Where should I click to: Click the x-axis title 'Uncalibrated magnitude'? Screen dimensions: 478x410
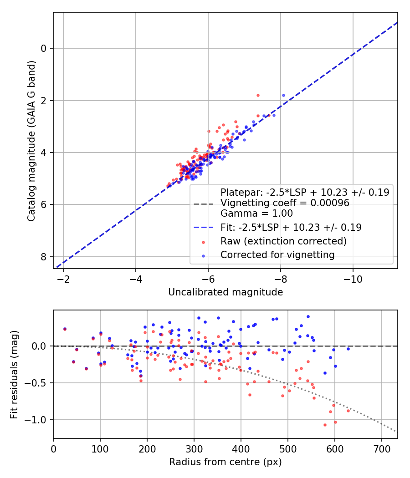pyautogui.click(x=225, y=292)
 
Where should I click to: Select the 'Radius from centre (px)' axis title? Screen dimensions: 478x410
pyautogui.click(x=225, y=462)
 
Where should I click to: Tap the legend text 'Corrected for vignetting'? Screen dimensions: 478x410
pyautogui.click(x=277, y=255)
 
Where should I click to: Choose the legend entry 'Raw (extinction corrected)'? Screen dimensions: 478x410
pyautogui.click(x=283, y=241)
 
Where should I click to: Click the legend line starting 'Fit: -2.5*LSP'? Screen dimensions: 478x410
pyautogui.click(x=291, y=227)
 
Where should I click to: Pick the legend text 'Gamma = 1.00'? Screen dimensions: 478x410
pyautogui.click(x=256, y=213)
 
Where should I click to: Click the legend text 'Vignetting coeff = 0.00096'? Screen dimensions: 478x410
pyautogui.click(x=285, y=203)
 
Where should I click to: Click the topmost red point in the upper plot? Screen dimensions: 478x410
pyautogui.click(x=258, y=95)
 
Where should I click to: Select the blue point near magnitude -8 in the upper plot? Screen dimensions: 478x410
pyautogui.click(x=283, y=96)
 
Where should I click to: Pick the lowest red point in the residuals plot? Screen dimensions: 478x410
pyautogui.click(x=325, y=425)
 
